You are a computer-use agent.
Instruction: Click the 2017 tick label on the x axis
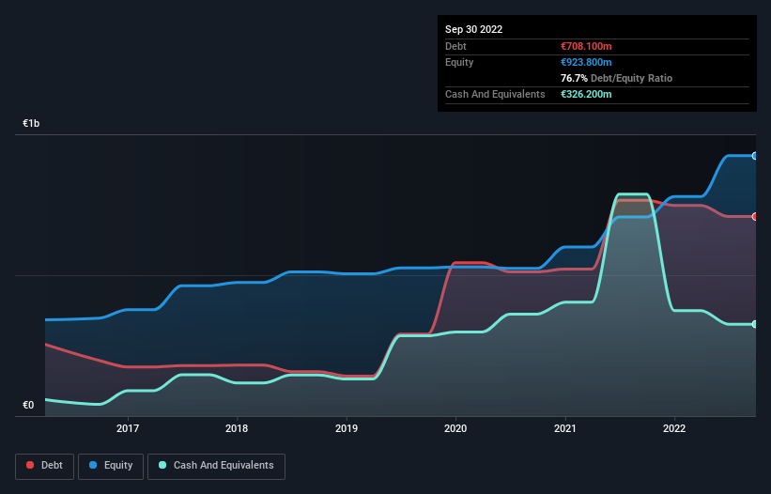128,428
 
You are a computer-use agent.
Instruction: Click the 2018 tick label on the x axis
238,428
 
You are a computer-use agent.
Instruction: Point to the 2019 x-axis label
347,428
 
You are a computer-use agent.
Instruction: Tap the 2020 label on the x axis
455,428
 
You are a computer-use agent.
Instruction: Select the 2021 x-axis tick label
565,428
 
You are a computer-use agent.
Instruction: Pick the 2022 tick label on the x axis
674,428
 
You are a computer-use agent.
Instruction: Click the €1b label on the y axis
32,124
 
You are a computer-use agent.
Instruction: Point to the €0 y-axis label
28,406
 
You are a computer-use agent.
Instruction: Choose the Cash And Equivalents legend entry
216,465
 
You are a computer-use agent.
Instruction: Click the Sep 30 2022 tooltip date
474,29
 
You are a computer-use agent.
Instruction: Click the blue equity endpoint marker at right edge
755,156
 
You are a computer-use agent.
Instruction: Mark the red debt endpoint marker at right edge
755,216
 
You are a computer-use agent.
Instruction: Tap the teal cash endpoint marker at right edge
755,324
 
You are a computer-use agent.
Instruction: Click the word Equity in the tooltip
459,62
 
